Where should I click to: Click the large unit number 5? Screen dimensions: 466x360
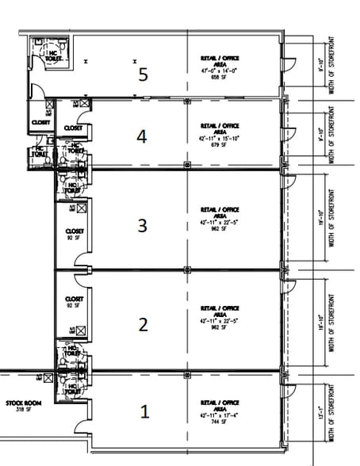click(143, 74)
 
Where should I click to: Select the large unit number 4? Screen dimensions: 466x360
click(142, 137)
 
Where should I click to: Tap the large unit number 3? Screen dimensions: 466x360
click(143, 226)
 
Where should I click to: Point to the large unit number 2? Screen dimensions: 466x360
click(144, 323)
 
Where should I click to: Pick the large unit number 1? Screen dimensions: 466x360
click(144, 412)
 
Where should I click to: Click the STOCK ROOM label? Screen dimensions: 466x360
click(19, 405)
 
